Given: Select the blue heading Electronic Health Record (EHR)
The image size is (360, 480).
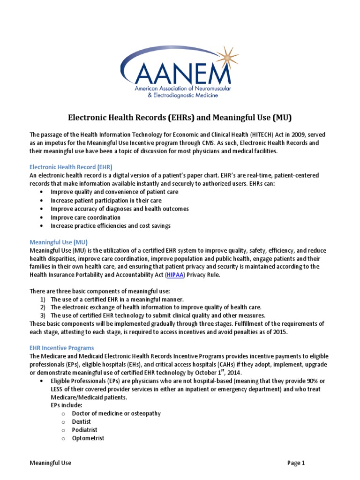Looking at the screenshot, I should pyautogui.click(x=71, y=167).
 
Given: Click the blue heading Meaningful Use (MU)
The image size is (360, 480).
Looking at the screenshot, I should pyautogui.click(x=58, y=242).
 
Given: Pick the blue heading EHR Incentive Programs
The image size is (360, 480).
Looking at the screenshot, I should pyautogui.click(x=61, y=348).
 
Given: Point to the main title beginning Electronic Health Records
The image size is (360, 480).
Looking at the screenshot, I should pyautogui.click(x=180, y=116).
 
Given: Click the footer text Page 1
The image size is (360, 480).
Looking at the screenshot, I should pyautogui.click(x=296, y=463).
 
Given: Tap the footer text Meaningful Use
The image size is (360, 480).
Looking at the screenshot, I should pyautogui.click(x=51, y=463).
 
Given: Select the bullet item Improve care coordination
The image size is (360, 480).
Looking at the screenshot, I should pyautogui.click(x=85, y=217).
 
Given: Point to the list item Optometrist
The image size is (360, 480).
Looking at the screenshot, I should pyautogui.click(x=88, y=438).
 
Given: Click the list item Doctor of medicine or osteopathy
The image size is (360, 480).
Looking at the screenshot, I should pyautogui.click(x=116, y=413).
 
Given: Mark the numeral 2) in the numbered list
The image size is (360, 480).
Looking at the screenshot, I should pyautogui.click(x=42, y=307).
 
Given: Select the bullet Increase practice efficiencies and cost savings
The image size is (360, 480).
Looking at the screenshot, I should pyautogui.click(x=111, y=226).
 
